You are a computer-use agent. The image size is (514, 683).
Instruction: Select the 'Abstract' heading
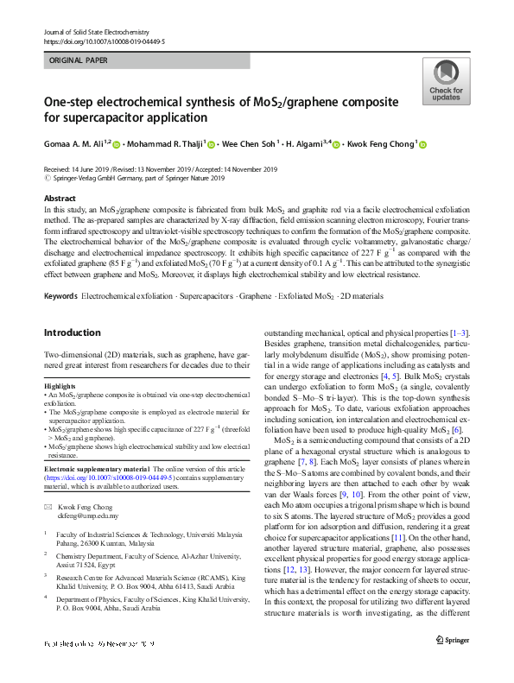[60, 198]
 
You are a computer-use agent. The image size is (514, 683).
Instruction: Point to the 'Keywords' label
[60, 295]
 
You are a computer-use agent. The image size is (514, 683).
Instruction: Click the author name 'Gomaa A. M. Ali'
[77, 145]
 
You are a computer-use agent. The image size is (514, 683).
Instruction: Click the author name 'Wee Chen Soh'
[248, 145]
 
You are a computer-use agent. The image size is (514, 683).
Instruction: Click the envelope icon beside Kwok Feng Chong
[48, 484]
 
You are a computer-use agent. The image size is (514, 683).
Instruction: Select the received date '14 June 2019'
[92, 170]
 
